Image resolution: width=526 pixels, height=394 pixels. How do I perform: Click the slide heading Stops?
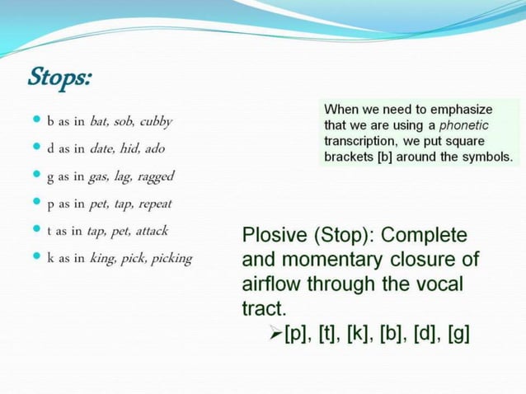coord(59,78)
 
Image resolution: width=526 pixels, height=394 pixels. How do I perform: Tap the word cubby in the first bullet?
coord(156,121)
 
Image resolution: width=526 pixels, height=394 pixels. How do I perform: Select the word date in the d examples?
coord(105,148)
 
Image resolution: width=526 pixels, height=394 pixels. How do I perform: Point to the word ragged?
coord(156,176)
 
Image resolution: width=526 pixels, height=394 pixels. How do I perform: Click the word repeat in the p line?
coord(155,204)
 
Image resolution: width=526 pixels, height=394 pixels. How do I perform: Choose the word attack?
coord(152,231)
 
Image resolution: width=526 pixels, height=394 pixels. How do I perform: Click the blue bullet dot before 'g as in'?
coord(35,175)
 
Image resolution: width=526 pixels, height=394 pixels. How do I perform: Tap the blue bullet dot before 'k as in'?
coord(35,257)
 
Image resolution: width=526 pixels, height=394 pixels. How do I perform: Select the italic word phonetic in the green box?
coord(463,125)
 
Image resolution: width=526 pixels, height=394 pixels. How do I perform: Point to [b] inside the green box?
coord(384,156)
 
